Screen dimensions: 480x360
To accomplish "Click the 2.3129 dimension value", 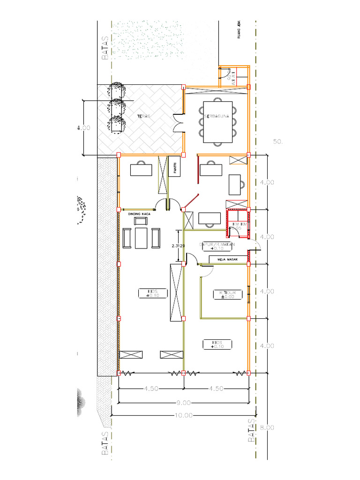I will coord(179,245).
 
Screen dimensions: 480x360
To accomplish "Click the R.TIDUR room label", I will coord(227,292).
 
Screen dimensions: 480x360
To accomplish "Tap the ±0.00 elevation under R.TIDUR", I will coord(227,297).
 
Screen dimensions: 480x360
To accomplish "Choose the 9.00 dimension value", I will coord(184,403).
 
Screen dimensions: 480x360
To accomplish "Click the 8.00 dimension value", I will coord(267,427).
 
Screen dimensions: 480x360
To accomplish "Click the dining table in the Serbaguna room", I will coord(217,122).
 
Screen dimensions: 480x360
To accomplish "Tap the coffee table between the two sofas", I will coord(141,238).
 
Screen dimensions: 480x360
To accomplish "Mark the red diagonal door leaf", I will coord(190,201).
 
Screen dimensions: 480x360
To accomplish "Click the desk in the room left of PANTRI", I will coord(141,169).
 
